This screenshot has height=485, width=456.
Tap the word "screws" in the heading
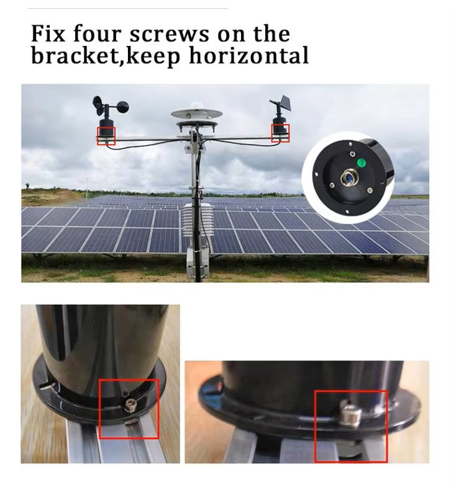click(169, 34)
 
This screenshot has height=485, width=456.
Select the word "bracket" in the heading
click(75, 55)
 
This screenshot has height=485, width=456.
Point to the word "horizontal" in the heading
click(249, 55)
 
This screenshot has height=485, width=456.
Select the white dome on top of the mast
click(196, 106)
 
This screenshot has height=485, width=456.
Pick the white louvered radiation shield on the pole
click(198, 220)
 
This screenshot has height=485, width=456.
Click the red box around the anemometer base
click(106, 136)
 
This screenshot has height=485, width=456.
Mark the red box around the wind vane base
click(280, 133)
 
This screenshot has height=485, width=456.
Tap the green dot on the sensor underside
click(361, 162)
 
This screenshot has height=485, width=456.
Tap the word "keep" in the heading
click(153, 56)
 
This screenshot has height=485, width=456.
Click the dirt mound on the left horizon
click(50, 197)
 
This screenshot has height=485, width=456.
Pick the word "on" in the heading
click(230, 35)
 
